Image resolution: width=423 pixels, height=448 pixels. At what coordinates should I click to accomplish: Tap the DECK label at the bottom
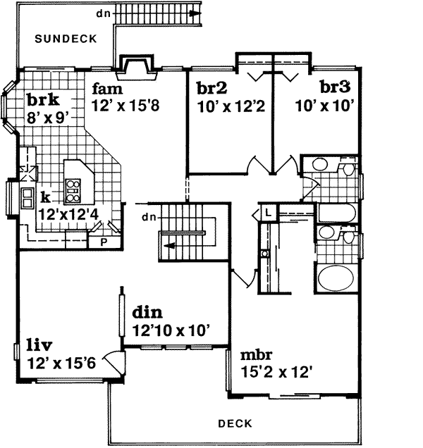pos(235,423)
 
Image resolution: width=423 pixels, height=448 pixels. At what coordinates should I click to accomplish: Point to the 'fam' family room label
pos(107,89)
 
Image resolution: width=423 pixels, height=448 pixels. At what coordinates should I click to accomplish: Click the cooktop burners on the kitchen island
pos(73,187)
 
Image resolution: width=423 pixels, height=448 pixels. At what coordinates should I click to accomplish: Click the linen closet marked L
pos(269,211)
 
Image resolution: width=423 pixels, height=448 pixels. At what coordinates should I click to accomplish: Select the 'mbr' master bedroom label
pos(257,354)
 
